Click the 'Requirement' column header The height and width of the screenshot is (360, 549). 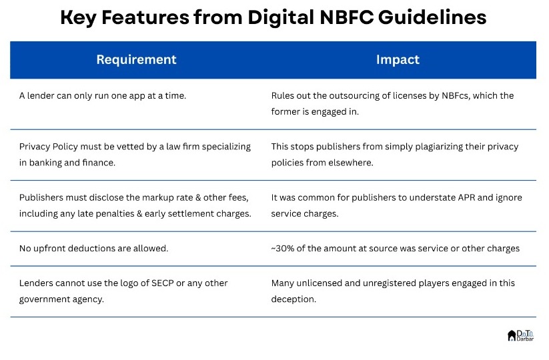[x=136, y=60]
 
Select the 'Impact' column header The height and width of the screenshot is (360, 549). [x=398, y=60]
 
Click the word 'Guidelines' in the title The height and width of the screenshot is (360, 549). [x=432, y=18]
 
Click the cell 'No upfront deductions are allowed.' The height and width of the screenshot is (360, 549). [x=93, y=249]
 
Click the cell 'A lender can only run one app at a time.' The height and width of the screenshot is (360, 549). [x=102, y=96]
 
